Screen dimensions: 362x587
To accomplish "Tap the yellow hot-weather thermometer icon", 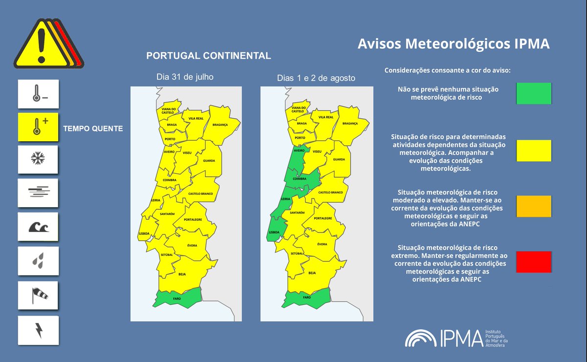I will tap(38, 127).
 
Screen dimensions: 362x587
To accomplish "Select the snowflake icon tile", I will tap(38, 159).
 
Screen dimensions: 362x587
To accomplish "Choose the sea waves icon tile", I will tap(38, 227).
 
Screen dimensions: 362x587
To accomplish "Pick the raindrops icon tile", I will tap(38, 260).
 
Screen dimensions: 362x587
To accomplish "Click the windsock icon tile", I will tap(38, 295).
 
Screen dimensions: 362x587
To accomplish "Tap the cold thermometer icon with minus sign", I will tap(38, 94).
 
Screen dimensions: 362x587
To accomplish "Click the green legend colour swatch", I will tap(534, 93).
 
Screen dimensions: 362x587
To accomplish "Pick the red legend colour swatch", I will tap(534, 262).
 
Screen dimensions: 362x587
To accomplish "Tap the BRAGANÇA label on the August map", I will tap(350, 124).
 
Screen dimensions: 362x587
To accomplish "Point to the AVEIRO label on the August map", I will tap(299, 150).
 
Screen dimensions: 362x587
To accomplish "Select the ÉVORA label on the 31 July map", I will tap(192, 245).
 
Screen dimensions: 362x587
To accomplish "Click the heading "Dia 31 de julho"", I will tap(185, 77).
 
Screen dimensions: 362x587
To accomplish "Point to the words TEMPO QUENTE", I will tap(93, 129).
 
